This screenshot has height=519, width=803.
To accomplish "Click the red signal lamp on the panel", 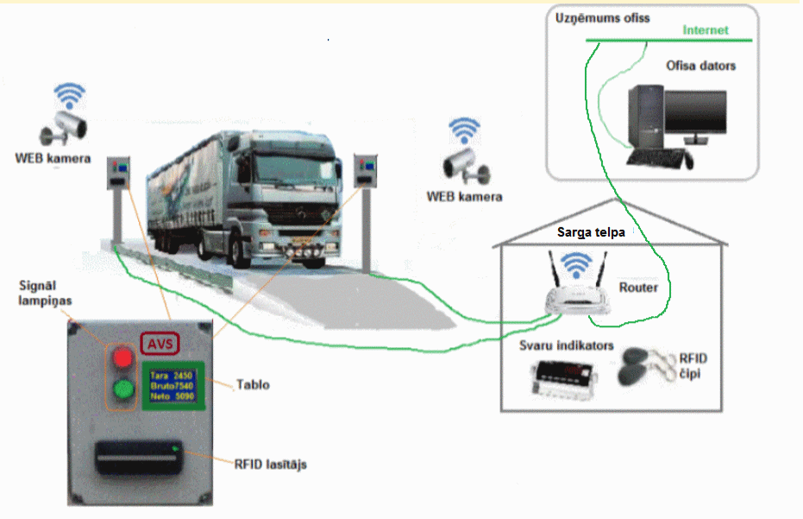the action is coord(122,358).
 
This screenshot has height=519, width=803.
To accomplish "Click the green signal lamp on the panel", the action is coord(122,389).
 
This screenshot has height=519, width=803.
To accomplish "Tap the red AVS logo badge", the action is coord(160,344).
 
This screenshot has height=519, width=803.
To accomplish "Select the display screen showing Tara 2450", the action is coord(173,386).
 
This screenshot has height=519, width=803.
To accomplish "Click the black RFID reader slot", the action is coord(139,457).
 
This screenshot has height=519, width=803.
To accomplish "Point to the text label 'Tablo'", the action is coord(253,384).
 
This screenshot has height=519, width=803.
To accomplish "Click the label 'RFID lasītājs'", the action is coord(271,464).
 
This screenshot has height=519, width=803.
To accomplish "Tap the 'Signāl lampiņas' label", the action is coord(45,293).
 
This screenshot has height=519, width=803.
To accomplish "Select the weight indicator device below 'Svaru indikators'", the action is coord(563,378).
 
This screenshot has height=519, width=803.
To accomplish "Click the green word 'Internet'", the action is coord(706,30).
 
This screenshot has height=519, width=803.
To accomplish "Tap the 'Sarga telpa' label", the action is coord(591,232).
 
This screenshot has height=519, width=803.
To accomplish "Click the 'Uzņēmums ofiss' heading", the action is coord(602,18).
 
